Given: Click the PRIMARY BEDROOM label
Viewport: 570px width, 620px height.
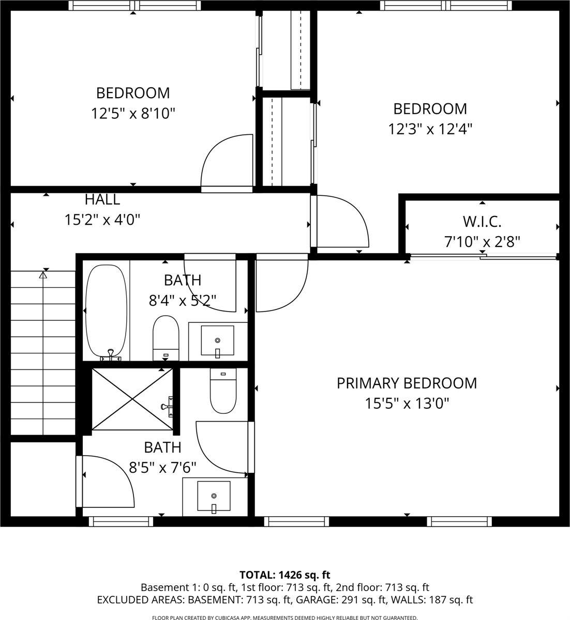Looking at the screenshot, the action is point(407,383).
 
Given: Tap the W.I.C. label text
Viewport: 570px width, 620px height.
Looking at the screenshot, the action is point(482,222).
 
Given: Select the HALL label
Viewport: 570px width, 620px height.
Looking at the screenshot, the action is point(102,199).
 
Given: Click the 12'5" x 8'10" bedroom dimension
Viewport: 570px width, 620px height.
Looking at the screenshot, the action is point(133,113).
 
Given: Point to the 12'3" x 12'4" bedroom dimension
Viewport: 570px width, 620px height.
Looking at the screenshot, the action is point(430,129).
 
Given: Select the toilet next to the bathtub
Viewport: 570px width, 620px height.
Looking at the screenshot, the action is point(166,337).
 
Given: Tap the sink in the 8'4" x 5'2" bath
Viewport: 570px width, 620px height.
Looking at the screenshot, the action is point(217,341).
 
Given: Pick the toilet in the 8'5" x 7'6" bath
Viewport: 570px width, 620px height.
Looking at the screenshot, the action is point(223,392).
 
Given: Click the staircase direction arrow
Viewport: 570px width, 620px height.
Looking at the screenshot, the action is point(43,275).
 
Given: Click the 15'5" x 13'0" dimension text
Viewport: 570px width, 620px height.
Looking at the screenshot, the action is point(407,403).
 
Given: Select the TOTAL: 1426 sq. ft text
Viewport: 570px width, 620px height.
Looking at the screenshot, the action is point(284,575).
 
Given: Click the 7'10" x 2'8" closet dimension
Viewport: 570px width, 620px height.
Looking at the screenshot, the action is point(482,241).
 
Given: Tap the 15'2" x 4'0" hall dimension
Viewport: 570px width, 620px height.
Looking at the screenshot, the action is point(102,220).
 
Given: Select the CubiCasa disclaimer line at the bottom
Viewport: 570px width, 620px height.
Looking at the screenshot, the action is point(284,617).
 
